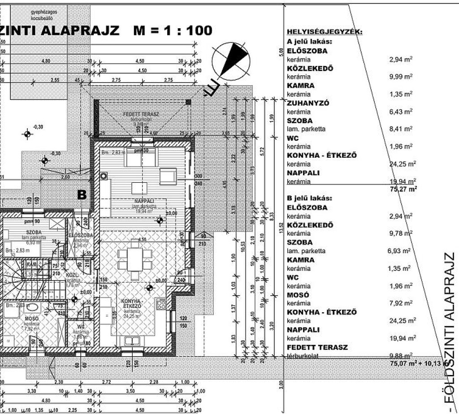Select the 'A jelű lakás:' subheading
coord(309,42)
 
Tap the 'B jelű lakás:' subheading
coord(309,198)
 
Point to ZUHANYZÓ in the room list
coord(308,103)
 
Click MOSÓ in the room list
coord(297,295)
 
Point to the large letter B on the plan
coord(82,194)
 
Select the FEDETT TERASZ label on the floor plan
coord(141,115)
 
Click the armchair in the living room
coord(168,176)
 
